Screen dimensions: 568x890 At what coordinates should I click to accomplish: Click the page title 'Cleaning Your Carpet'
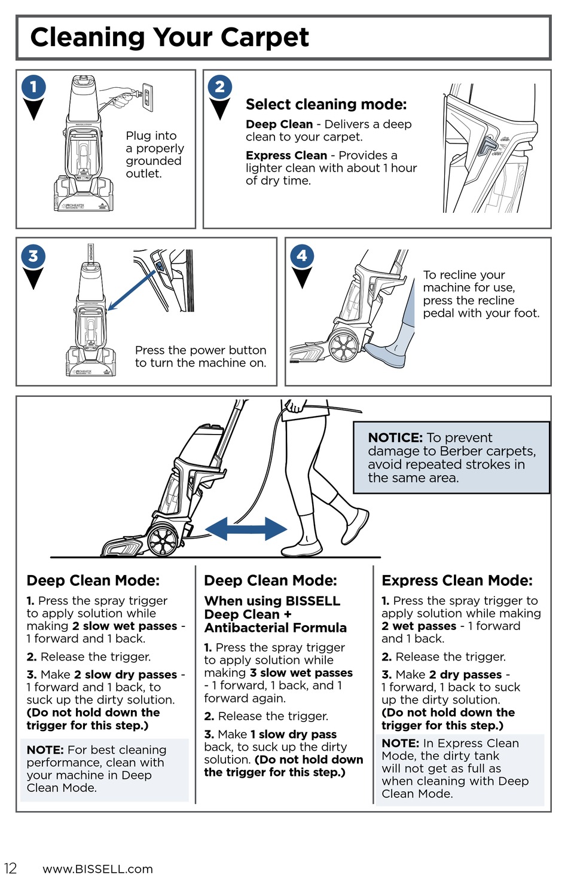[169, 37]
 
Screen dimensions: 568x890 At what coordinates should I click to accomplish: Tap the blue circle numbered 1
[33, 87]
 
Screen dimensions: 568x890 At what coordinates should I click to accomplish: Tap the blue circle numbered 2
[220, 87]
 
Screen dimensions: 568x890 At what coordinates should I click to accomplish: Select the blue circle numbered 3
[33, 256]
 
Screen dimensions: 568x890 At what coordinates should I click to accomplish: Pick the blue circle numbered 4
[302, 256]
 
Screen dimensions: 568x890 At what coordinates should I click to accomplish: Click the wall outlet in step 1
[147, 97]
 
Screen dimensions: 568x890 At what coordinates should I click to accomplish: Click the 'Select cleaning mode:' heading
[326, 105]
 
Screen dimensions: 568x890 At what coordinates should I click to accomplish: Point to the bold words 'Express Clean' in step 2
[286, 155]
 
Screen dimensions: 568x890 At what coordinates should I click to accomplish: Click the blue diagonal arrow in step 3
[132, 290]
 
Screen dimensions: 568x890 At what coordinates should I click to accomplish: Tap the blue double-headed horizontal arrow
[246, 529]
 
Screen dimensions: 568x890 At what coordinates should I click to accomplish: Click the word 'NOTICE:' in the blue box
[395, 438]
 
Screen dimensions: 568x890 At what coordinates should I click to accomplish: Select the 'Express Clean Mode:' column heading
[457, 580]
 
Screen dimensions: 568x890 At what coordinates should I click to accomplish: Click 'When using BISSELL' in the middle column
[272, 601]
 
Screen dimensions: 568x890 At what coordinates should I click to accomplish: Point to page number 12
[10, 868]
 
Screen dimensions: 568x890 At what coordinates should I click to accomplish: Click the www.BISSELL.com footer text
[97, 869]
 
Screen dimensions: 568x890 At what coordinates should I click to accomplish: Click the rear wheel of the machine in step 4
[343, 345]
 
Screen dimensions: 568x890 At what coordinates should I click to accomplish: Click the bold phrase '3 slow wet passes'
[301, 672]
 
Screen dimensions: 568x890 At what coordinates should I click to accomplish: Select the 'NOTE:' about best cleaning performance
[45, 750]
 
